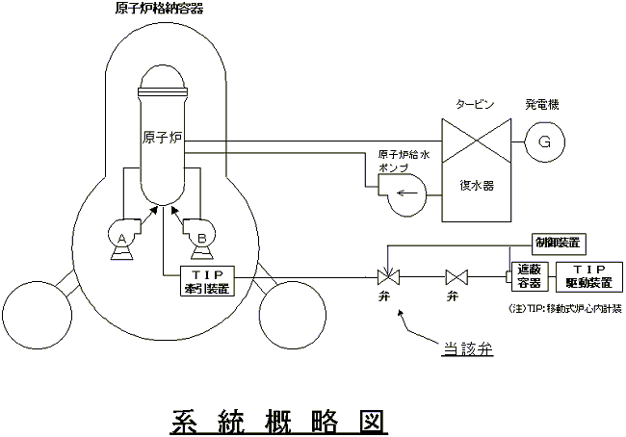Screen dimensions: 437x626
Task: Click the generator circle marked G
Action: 544,142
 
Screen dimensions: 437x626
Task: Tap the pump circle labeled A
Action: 122,235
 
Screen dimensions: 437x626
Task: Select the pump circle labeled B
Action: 201,235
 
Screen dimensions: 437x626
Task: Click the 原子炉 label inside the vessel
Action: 162,138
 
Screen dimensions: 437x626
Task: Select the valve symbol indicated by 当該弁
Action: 387,278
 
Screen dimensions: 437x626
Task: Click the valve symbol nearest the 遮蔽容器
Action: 456,278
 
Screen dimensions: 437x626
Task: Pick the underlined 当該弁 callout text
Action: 467,349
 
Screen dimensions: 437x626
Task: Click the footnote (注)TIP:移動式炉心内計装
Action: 563,310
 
